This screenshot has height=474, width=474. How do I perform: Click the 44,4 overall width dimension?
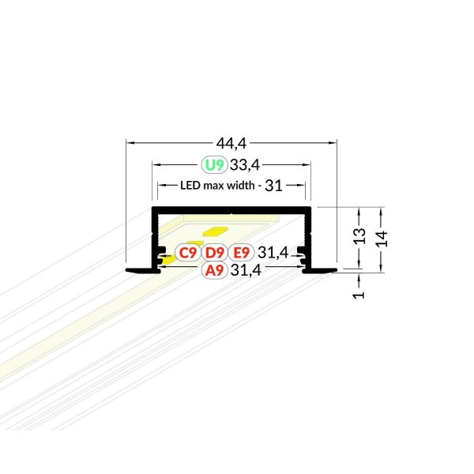pos(231,143)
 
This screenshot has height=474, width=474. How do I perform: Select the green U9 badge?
pos(214,165)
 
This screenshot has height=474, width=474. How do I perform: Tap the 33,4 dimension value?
pos(245,165)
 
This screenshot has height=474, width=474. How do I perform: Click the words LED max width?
pos(217,186)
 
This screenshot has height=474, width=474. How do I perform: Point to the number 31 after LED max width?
pos(273,186)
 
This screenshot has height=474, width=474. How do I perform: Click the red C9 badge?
pos(188,253)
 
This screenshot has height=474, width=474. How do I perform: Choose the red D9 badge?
pos(214,253)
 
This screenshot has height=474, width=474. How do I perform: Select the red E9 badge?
pos(241,253)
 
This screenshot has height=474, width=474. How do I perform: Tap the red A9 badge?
pos(214,270)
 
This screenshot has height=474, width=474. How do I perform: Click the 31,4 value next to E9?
pos(273,253)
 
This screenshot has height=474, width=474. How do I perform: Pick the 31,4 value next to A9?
pos(246,270)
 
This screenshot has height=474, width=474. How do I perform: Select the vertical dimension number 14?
pos(382,239)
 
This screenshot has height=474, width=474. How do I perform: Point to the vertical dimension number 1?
pos(359,295)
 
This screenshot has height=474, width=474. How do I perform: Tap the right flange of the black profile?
pos(320,270)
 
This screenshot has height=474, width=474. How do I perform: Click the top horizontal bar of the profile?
pos(231,210)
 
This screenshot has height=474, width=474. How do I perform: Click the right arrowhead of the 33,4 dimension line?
pos(307,165)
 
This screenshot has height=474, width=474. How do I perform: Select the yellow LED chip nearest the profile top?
pos(215,231)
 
